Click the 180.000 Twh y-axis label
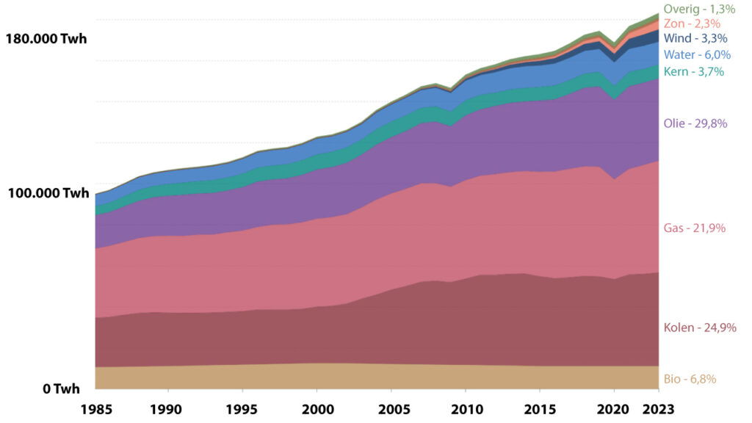[46, 39]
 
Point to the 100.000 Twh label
[48, 194]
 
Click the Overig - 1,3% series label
[699, 9]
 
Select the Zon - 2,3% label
[691, 23]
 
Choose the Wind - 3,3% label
[695, 38]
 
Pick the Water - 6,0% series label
[697, 55]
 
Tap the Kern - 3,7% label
[694, 71]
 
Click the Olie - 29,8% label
[695, 123]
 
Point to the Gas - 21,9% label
[695, 228]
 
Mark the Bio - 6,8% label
[690, 379]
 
